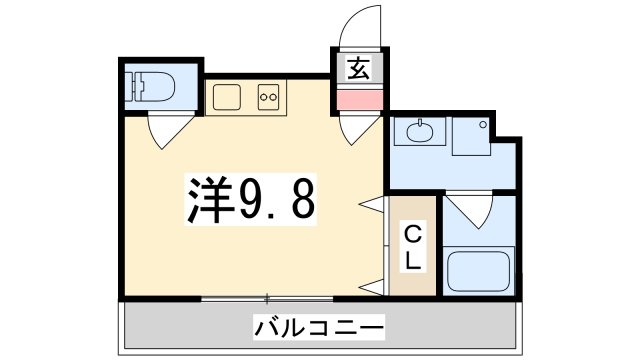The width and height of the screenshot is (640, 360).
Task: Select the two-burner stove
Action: point(268,97)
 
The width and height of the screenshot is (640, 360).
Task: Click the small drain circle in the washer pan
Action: point(483,126)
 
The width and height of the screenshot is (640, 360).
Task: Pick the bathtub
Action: point(477,272)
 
